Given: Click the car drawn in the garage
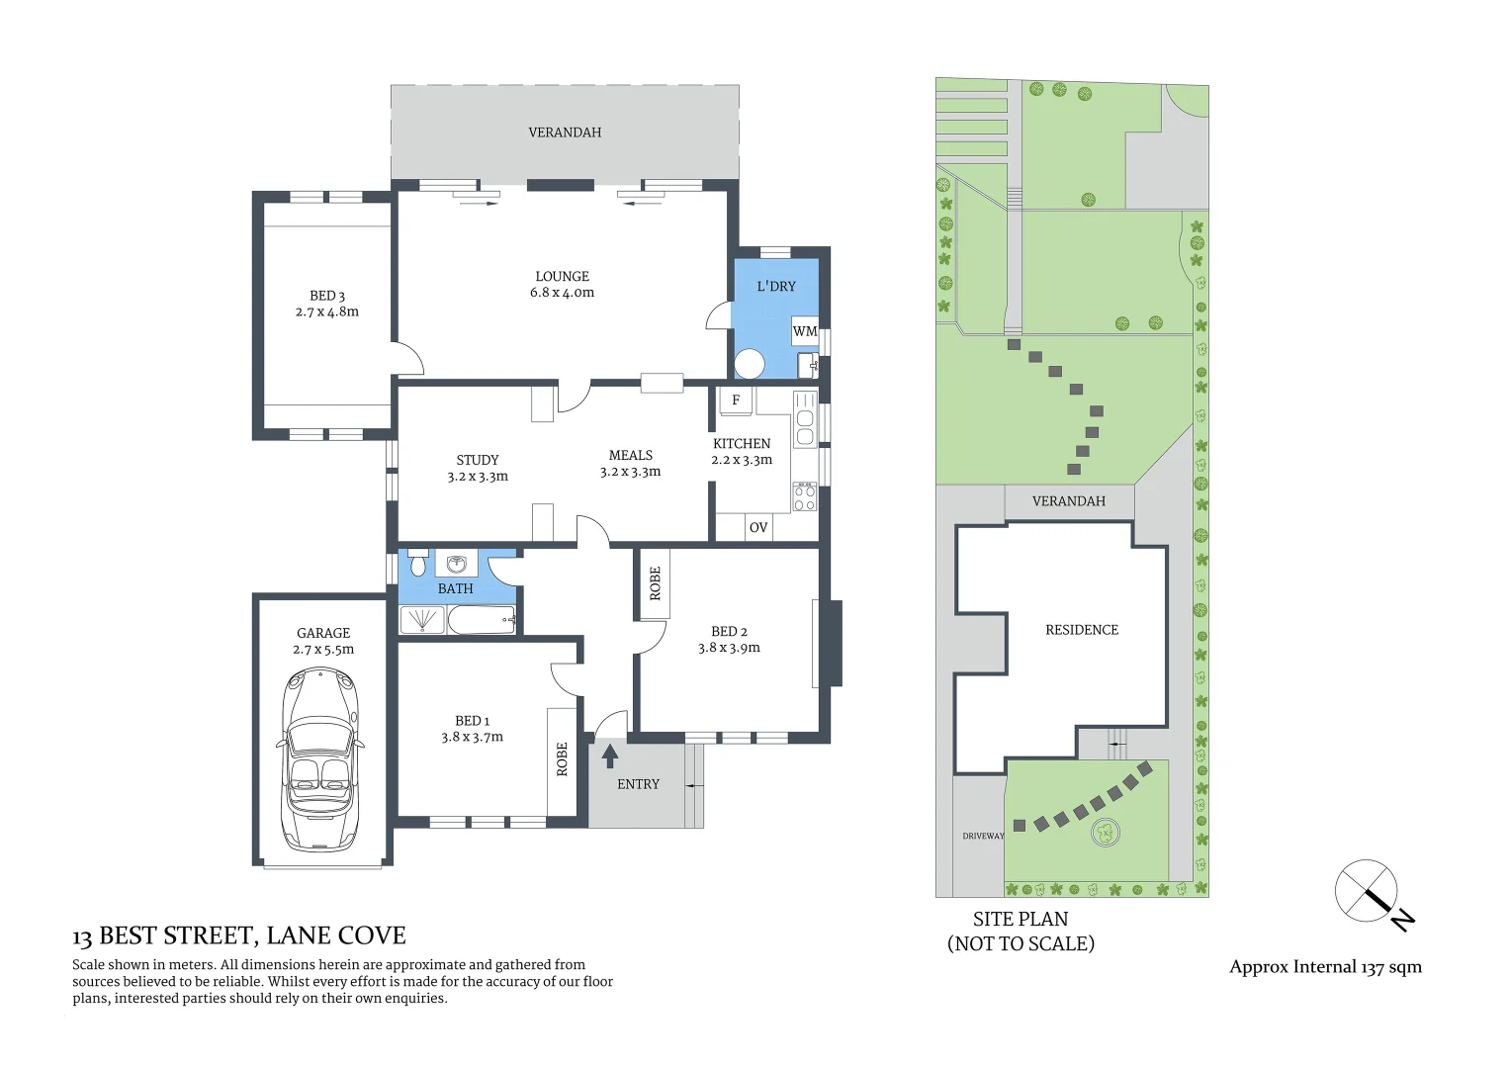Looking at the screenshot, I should click(x=320, y=758).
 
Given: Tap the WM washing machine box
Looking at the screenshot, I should click(x=805, y=331).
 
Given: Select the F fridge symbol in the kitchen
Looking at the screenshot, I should click(x=736, y=400).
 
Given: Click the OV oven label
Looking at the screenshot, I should click(x=758, y=527).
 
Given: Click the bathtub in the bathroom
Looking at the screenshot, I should click(x=482, y=620).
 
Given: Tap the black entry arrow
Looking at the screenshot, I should click(x=610, y=756).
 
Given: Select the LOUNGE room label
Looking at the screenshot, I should click(x=562, y=277).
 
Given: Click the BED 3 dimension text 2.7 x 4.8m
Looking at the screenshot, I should click(x=326, y=311).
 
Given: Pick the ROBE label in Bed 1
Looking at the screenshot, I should click(x=562, y=758).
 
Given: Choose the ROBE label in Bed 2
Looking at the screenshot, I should click(x=655, y=583).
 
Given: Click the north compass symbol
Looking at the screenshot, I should click(x=1369, y=892).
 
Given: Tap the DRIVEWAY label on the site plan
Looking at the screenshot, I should click(x=983, y=836).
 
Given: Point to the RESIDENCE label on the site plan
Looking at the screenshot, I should click(x=1082, y=630).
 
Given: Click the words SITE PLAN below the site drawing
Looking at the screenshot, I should click(x=1021, y=919).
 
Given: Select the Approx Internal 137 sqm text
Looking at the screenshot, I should click(x=1325, y=967).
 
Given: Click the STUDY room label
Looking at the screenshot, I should click(x=478, y=460).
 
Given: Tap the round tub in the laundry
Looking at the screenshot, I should click(x=750, y=364).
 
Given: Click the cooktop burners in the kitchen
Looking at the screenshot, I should click(x=805, y=496).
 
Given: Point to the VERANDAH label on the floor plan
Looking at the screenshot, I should click(x=565, y=133).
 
